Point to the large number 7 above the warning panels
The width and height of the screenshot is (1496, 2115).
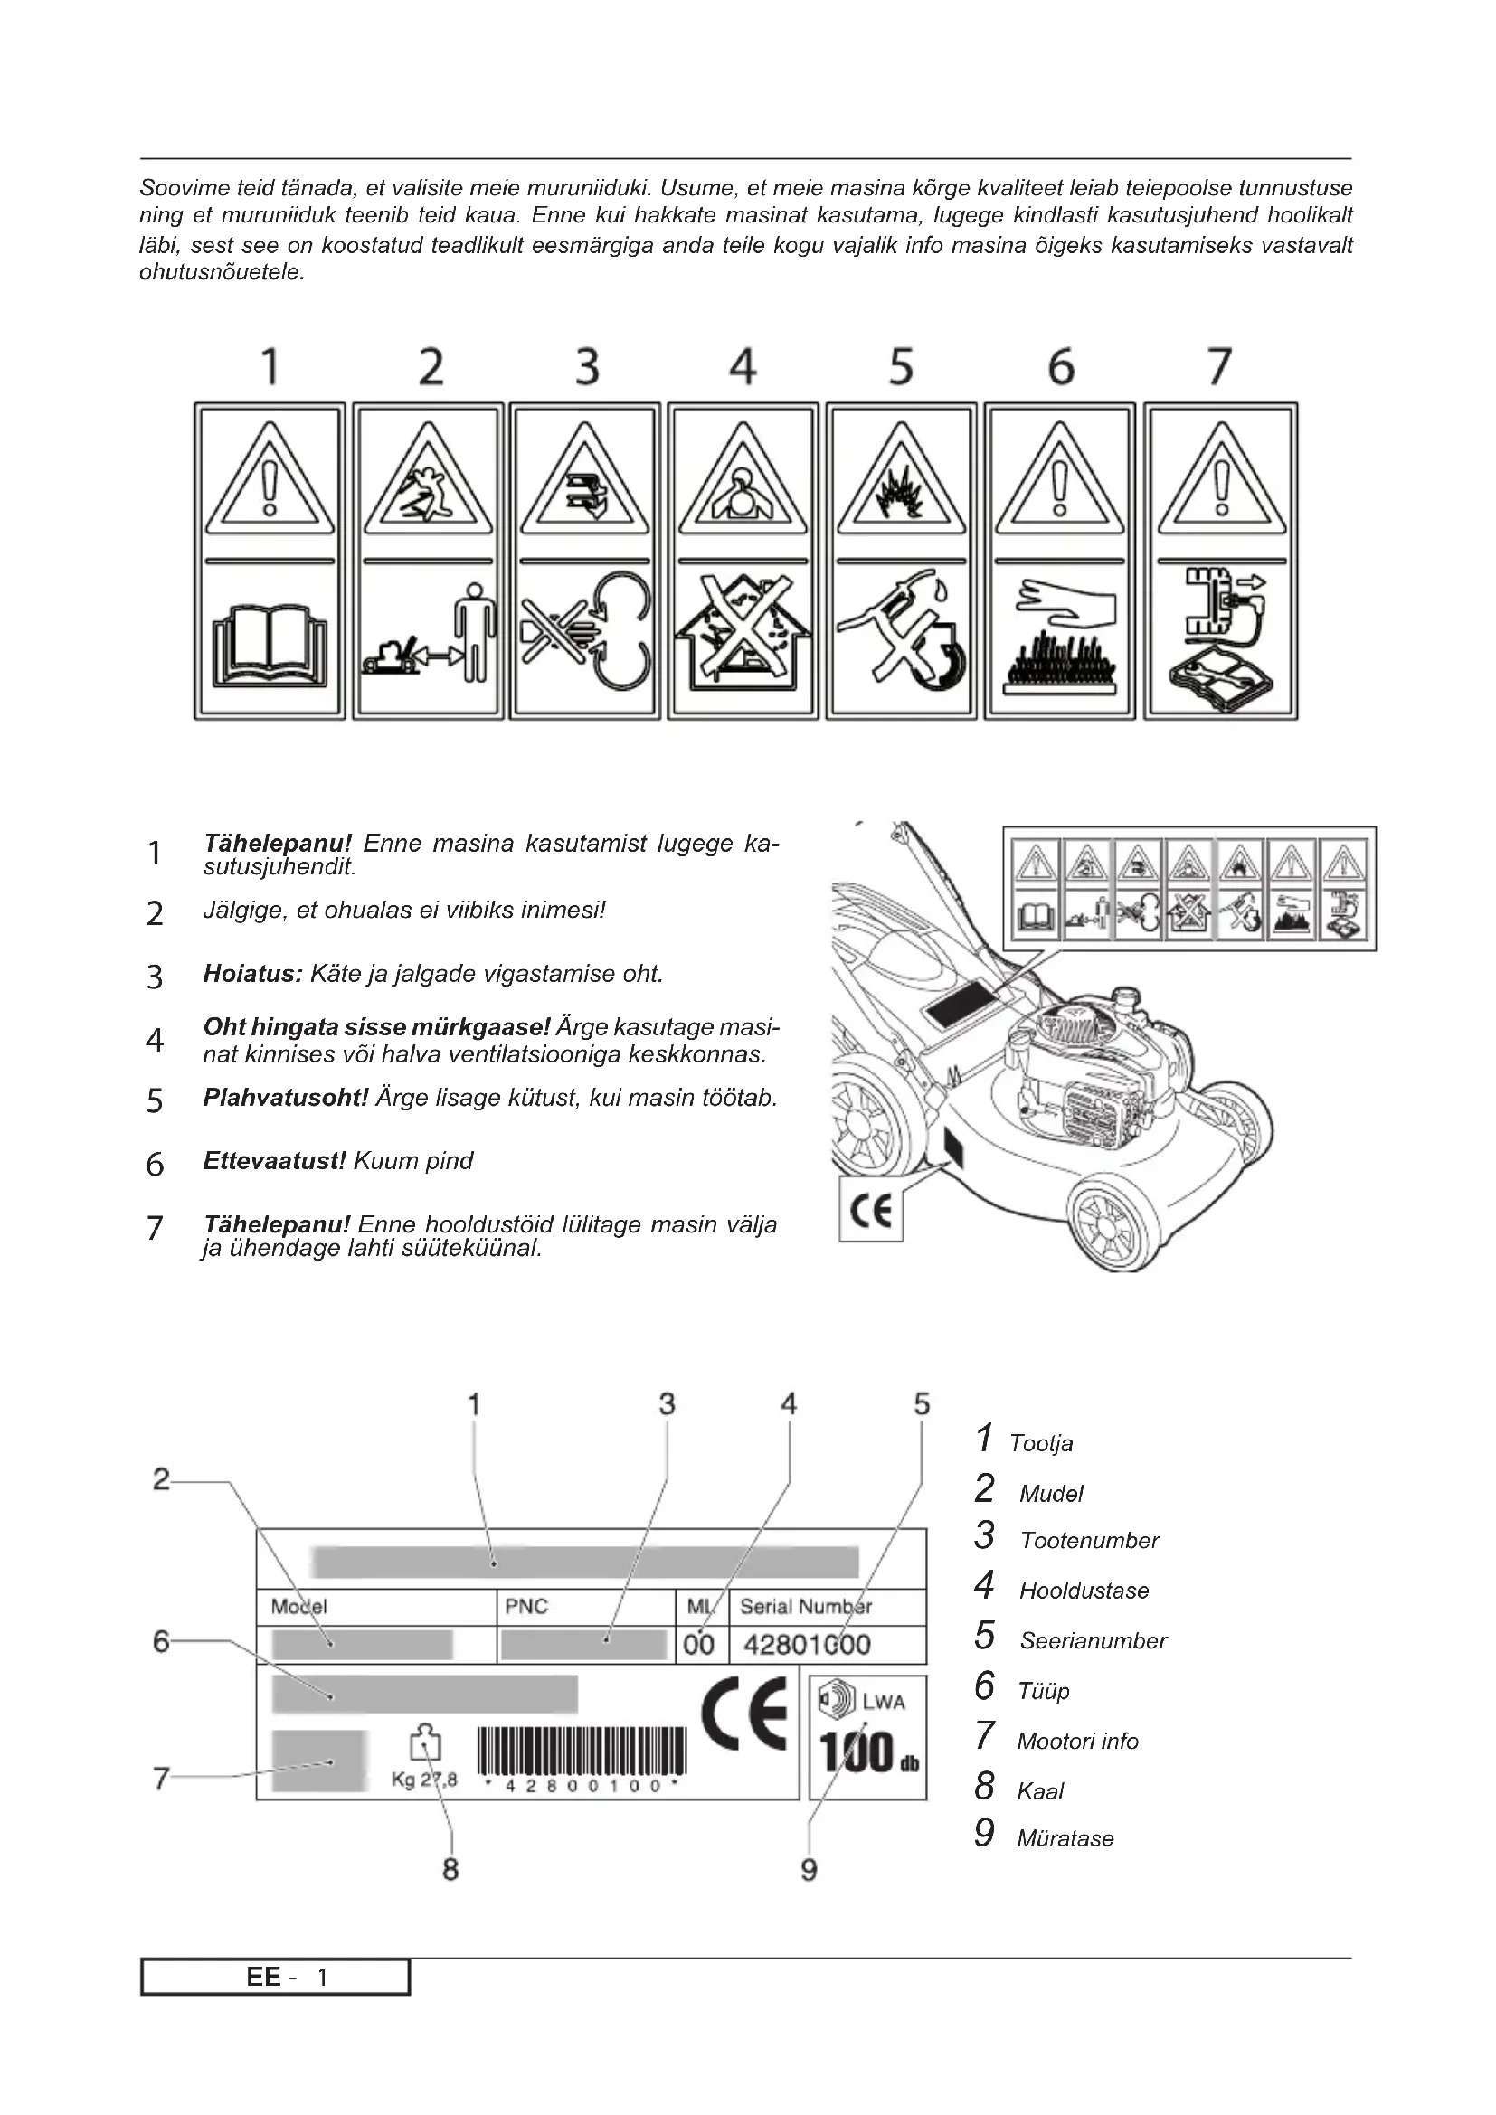[1218, 366]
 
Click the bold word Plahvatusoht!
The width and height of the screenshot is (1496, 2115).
[286, 1098]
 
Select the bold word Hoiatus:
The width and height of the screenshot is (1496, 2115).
[252, 974]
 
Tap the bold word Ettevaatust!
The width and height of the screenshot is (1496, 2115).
[273, 1161]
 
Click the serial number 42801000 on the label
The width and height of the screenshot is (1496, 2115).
[806, 1644]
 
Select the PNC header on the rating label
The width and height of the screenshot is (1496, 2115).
[526, 1607]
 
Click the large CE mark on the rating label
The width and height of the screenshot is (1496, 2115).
[744, 1714]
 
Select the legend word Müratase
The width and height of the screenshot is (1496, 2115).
[1065, 1838]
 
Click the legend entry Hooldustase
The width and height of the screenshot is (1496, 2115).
[1084, 1590]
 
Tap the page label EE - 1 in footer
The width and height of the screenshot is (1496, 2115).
[276, 1977]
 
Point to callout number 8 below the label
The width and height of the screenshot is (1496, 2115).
[450, 1869]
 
